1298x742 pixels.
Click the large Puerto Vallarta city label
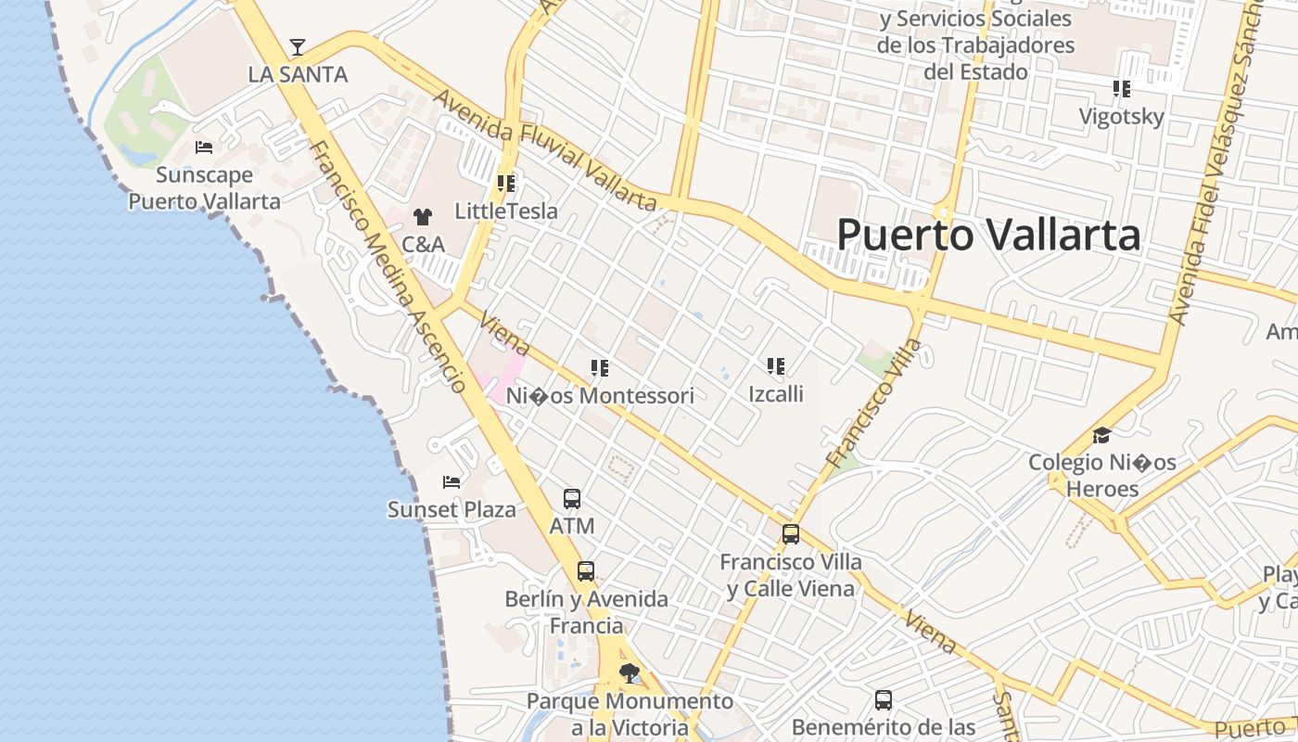click(x=988, y=235)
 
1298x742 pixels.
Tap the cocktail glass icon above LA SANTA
click(x=298, y=46)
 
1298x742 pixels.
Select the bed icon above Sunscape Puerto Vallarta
click(x=204, y=147)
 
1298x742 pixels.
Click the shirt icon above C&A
click(x=423, y=217)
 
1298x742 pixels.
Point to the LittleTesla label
click(x=506, y=211)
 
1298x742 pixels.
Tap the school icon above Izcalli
click(x=776, y=366)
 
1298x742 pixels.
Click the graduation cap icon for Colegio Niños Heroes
click(x=1101, y=435)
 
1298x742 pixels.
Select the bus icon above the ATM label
click(x=572, y=499)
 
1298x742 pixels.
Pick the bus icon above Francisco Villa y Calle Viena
click(x=791, y=534)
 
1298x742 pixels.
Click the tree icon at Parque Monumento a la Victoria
click(x=630, y=673)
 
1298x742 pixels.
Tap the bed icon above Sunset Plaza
click(x=452, y=482)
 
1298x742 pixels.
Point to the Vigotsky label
click(x=1121, y=117)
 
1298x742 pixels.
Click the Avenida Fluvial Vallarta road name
click(x=545, y=150)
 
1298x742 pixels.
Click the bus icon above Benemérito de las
click(x=884, y=700)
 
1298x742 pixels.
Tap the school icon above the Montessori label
click(x=600, y=368)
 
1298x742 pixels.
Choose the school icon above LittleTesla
click(x=506, y=184)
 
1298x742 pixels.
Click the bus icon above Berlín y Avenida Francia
click(x=586, y=571)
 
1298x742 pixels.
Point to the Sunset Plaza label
click(x=452, y=509)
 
